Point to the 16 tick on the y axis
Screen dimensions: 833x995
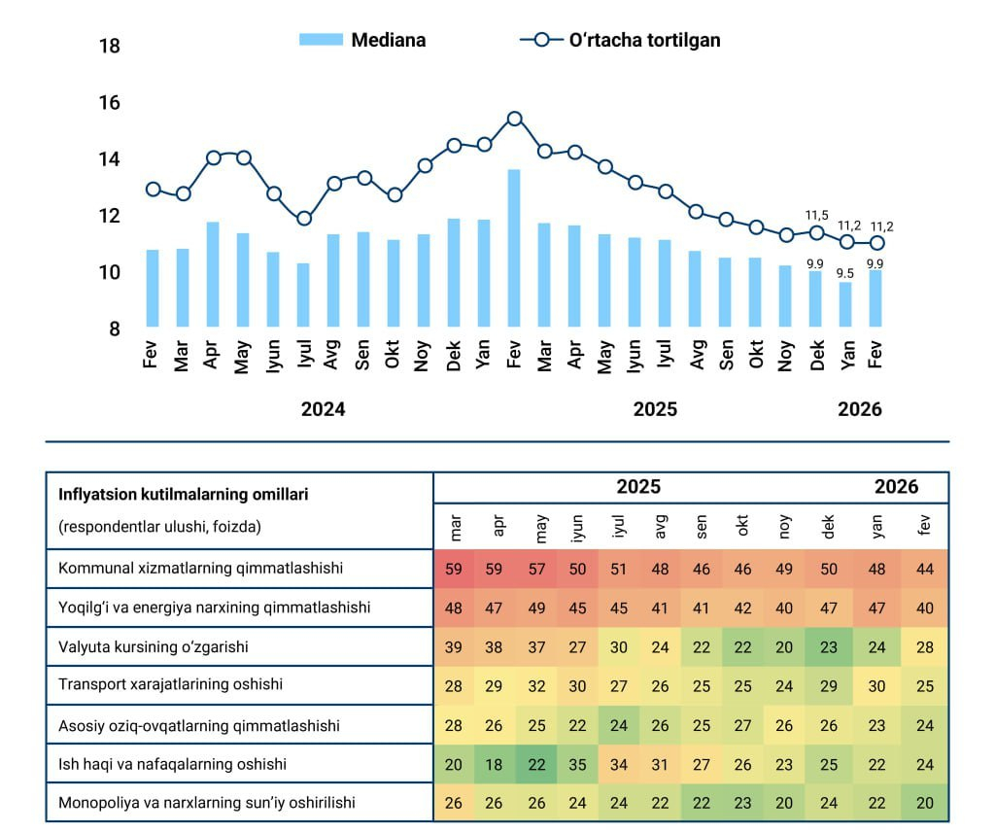click(110, 103)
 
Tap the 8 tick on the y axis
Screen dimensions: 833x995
click(115, 330)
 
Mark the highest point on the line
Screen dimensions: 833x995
click(514, 119)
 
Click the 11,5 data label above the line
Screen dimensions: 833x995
click(817, 215)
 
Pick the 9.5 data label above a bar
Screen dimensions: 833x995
click(846, 273)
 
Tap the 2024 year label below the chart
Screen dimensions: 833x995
click(323, 409)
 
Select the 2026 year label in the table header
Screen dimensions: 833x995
click(896, 487)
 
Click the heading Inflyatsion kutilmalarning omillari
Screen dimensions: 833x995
click(184, 494)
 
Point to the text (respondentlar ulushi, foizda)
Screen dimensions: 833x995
click(160, 527)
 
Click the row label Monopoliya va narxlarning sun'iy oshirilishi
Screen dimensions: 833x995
click(207, 803)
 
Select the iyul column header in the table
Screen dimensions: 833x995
click(619, 527)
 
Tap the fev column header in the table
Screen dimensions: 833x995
click(924, 527)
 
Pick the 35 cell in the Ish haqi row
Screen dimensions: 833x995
click(577, 764)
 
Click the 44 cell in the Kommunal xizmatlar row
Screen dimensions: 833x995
click(924, 570)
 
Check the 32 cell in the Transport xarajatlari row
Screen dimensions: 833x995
click(536, 686)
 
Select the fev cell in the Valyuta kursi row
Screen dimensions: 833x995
click(924, 647)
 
